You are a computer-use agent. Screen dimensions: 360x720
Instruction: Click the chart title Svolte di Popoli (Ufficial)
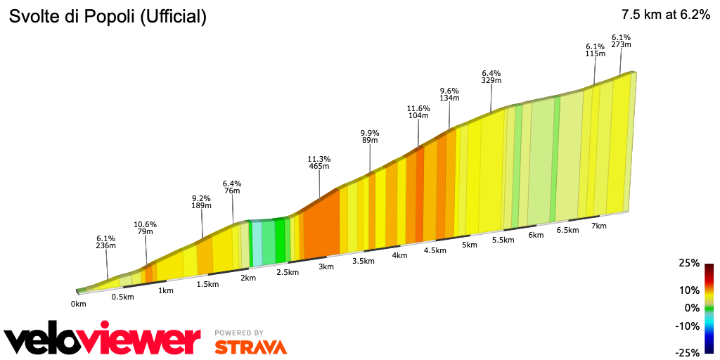click(107, 18)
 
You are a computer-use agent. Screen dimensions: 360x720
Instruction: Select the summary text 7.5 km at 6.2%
click(665, 15)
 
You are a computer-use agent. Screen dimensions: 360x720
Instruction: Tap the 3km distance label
click(326, 266)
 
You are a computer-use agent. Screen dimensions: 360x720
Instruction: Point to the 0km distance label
click(78, 304)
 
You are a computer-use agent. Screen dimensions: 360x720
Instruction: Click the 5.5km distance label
click(503, 240)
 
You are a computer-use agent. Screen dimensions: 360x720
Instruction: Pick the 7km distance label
click(598, 226)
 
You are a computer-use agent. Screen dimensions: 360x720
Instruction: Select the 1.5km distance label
click(208, 284)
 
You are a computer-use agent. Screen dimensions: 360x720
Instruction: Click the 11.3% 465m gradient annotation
click(319, 162)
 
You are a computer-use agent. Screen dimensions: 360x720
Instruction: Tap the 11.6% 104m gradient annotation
click(418, 112)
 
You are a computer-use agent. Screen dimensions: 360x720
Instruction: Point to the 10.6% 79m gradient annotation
click(145, 229)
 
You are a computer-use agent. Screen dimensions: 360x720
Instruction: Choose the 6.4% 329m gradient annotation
click(491, 77)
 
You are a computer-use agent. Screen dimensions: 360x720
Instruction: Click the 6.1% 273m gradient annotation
click(621, 41)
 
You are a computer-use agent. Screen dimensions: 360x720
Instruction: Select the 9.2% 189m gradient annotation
click(201, 202)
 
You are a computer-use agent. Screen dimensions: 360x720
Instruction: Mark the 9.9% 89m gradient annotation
click(370, 136)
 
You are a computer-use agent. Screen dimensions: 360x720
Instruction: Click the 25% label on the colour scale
click(689, 263)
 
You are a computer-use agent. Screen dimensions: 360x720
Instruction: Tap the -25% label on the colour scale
click(688, 352)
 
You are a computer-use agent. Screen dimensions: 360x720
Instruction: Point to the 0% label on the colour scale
click(692, 308)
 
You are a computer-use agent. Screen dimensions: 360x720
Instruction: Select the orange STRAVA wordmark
click(250, 347)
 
